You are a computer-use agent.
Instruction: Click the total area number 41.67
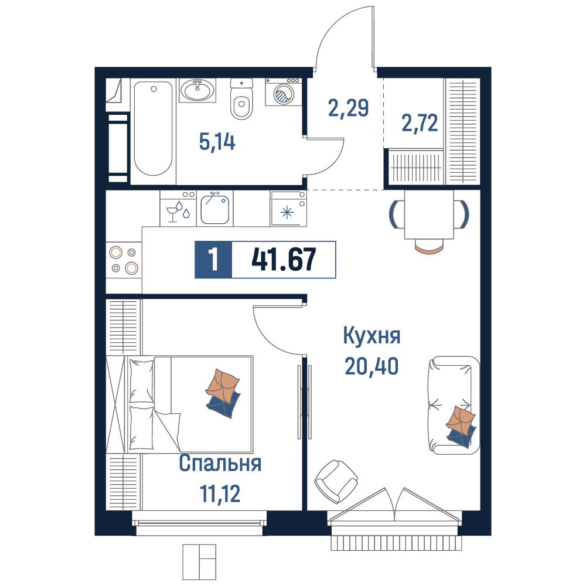(284, 260)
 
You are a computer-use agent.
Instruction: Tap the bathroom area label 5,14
(217, 142)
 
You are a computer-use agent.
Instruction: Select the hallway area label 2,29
(348, 108)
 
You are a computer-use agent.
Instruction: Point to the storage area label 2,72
(420, 123)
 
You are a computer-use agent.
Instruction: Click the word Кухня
(372, 335)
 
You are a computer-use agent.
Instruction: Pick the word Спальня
(220, 463)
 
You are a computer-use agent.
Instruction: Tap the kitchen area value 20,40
(372, 366)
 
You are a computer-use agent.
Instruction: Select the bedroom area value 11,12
(220, 493)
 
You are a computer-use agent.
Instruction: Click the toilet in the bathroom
(241, 99)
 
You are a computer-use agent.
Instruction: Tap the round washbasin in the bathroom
(197, 90)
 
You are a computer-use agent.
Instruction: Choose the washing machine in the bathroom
(284, 92)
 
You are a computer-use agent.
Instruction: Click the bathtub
(153, 129)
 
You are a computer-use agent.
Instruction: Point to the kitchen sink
(214, 210)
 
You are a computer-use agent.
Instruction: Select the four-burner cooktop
(124, 260)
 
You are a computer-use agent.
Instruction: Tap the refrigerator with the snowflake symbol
(288, 209)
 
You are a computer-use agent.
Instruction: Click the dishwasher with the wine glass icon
(178, 209)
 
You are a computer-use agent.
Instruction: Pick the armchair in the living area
(336, 481)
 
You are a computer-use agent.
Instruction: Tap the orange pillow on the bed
(222, 386)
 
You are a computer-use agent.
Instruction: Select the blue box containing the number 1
(213, 260)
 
